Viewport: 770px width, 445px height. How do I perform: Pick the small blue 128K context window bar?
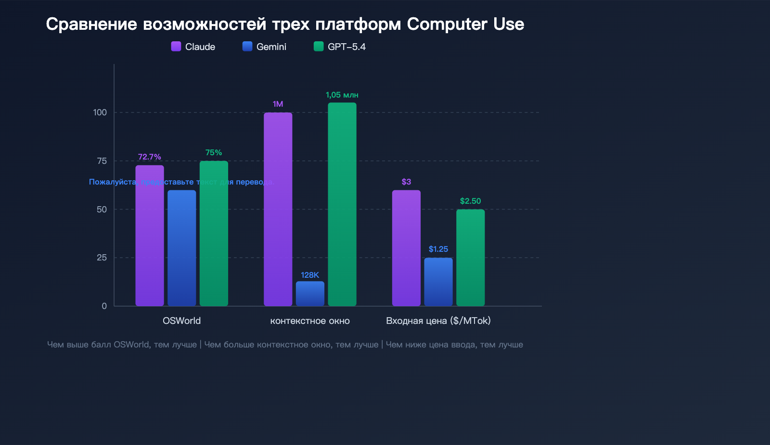point(310,294)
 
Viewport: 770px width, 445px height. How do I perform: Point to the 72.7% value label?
point(149,157)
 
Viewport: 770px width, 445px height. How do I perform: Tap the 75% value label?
point(214,152)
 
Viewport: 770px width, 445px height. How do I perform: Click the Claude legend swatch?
point(176,46)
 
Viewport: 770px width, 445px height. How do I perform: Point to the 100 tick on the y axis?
point(100,112)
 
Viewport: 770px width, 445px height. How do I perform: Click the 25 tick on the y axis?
point(102,258)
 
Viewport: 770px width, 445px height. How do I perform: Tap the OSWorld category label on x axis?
point(181,321)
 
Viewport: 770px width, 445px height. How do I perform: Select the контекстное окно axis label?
point(310,321)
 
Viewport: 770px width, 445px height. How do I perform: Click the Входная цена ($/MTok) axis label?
point(438,321)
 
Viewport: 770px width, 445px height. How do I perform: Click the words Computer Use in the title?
point(465,24)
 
